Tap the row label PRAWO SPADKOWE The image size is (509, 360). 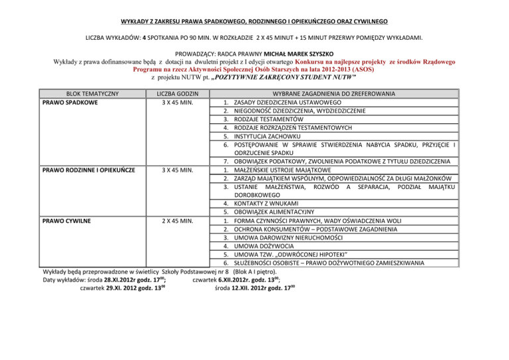coord(70,102)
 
